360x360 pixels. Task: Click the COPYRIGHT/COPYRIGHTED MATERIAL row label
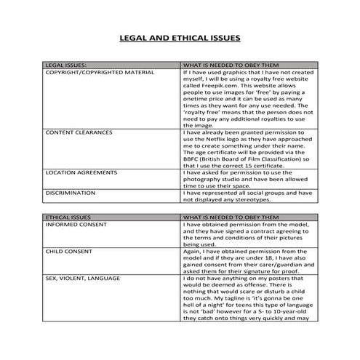(x=100, y=73)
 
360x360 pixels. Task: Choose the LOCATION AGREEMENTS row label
(x=81, y=172)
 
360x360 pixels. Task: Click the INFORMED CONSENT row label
(x=76, y=225)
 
